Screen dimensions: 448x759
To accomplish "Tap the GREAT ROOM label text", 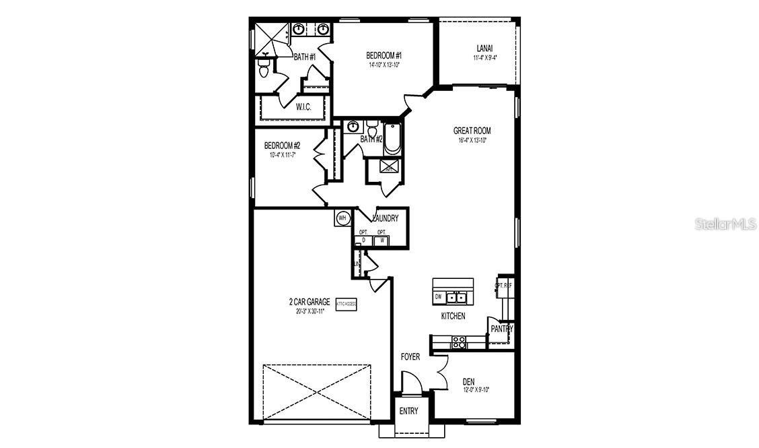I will [x=472, y=131].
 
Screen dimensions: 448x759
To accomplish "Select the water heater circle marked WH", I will [x=342, y=218].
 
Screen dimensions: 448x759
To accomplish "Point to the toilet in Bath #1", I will [x=264, y=67].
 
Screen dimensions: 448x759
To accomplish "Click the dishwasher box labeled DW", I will [x=438, y=296].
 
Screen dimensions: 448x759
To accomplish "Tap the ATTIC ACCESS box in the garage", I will [x=347, y=305].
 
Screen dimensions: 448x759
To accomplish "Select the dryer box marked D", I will [x=363, y=240].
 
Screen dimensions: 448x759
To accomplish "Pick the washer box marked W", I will [x=382, y=240].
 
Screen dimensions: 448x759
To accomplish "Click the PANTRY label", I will [x=501, y=329].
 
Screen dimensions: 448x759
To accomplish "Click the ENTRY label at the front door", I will [x=408, y=411].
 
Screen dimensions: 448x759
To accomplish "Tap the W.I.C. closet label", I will [x=303, y=107].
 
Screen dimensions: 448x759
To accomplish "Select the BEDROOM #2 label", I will [x=282, y=146].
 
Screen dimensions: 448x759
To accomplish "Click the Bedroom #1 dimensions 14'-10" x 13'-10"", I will [x=384, y=65].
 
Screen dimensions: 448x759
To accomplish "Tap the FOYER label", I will [x=410, y=357].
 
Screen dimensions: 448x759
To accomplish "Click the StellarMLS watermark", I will [x=725, y=224].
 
